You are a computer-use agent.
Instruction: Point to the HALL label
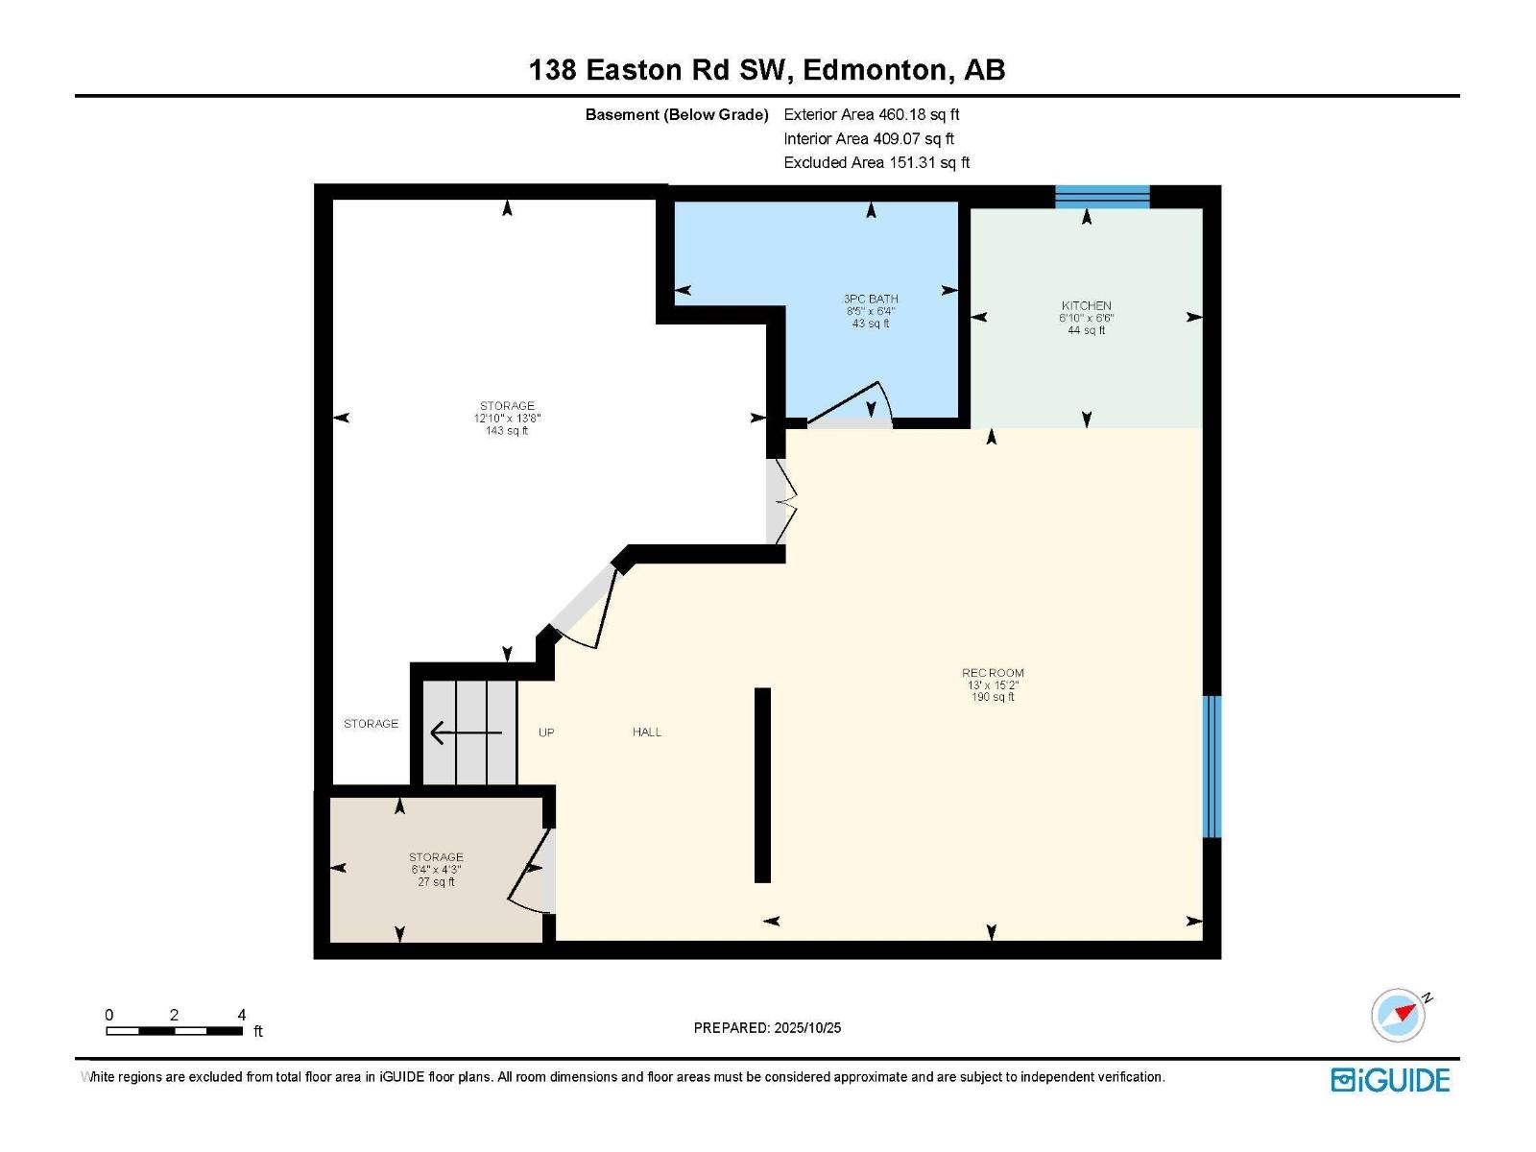tap(646, 732)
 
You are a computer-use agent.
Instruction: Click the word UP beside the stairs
tap(546, 732)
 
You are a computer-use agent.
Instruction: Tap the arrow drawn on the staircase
tap(465, 733)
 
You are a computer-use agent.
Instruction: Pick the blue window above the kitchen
tap(1101, 197)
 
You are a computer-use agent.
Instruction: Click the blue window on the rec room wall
tap(1212, 766)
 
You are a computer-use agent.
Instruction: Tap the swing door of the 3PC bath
tap(850, 403)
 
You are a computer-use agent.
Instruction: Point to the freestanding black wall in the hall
tap(762, 784)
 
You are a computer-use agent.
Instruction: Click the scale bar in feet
tap(174, 1030)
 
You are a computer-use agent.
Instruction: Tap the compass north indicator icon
tap(1399, 1015)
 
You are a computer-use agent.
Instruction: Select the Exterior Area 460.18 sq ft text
tap(871, 114)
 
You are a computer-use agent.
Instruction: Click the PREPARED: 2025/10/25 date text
tap(767, 1027)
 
